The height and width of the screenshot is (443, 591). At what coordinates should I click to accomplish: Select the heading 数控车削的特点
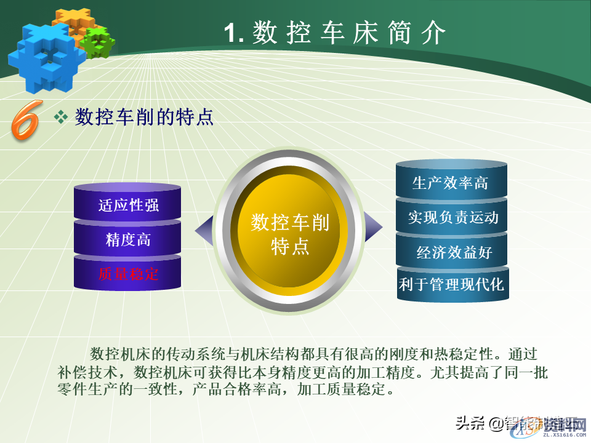click(144, 116)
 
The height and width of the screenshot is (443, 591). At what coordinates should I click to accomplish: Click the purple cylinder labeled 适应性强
click(128, 205)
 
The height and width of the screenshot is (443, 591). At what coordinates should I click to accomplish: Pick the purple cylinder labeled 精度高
click(128, 240)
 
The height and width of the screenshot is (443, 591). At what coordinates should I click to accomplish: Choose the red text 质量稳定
click(128, 274)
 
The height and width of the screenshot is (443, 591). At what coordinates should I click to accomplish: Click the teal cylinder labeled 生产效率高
click(451, 183)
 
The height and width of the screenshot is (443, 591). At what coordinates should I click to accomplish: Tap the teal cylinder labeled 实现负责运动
click(452, 217)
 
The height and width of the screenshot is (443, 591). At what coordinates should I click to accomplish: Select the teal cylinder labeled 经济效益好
click(454, 252)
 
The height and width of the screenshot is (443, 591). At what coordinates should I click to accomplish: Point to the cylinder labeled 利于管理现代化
click(452, 285)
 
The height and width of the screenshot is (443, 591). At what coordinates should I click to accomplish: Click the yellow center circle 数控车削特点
click(289, 234)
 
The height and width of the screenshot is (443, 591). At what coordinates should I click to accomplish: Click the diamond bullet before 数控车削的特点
click(61, 117)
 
